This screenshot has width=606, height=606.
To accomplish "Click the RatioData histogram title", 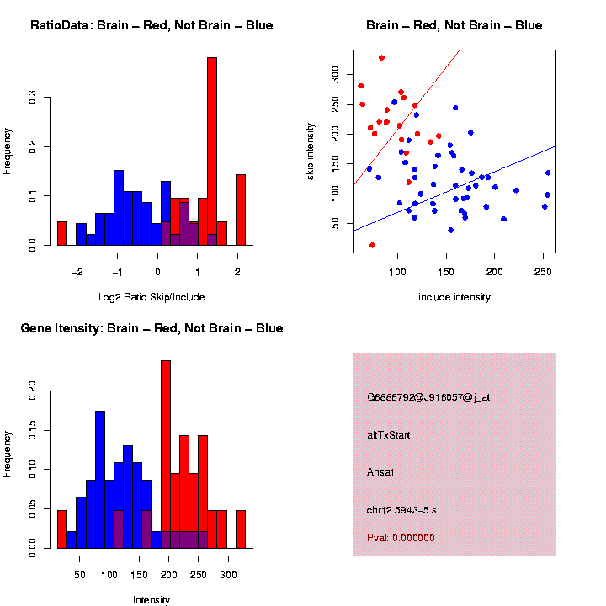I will point(151,25).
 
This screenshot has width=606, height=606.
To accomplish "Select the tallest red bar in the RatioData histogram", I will point(212,151).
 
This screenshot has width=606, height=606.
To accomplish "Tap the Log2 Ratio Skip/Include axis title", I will point(151,297).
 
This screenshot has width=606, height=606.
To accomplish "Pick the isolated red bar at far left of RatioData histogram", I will point(62,233).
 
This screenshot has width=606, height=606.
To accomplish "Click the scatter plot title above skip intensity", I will point(454,25).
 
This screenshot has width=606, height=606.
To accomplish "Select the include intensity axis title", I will point(454,297).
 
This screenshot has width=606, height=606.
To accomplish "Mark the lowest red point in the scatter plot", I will point(372,245).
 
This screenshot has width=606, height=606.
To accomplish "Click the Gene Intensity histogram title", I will point(151,328).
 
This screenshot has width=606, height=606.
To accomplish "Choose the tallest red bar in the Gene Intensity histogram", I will point(166,454).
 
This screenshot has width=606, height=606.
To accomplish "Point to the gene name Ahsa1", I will point(381,472).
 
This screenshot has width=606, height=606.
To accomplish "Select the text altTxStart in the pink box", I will point(389,435).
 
